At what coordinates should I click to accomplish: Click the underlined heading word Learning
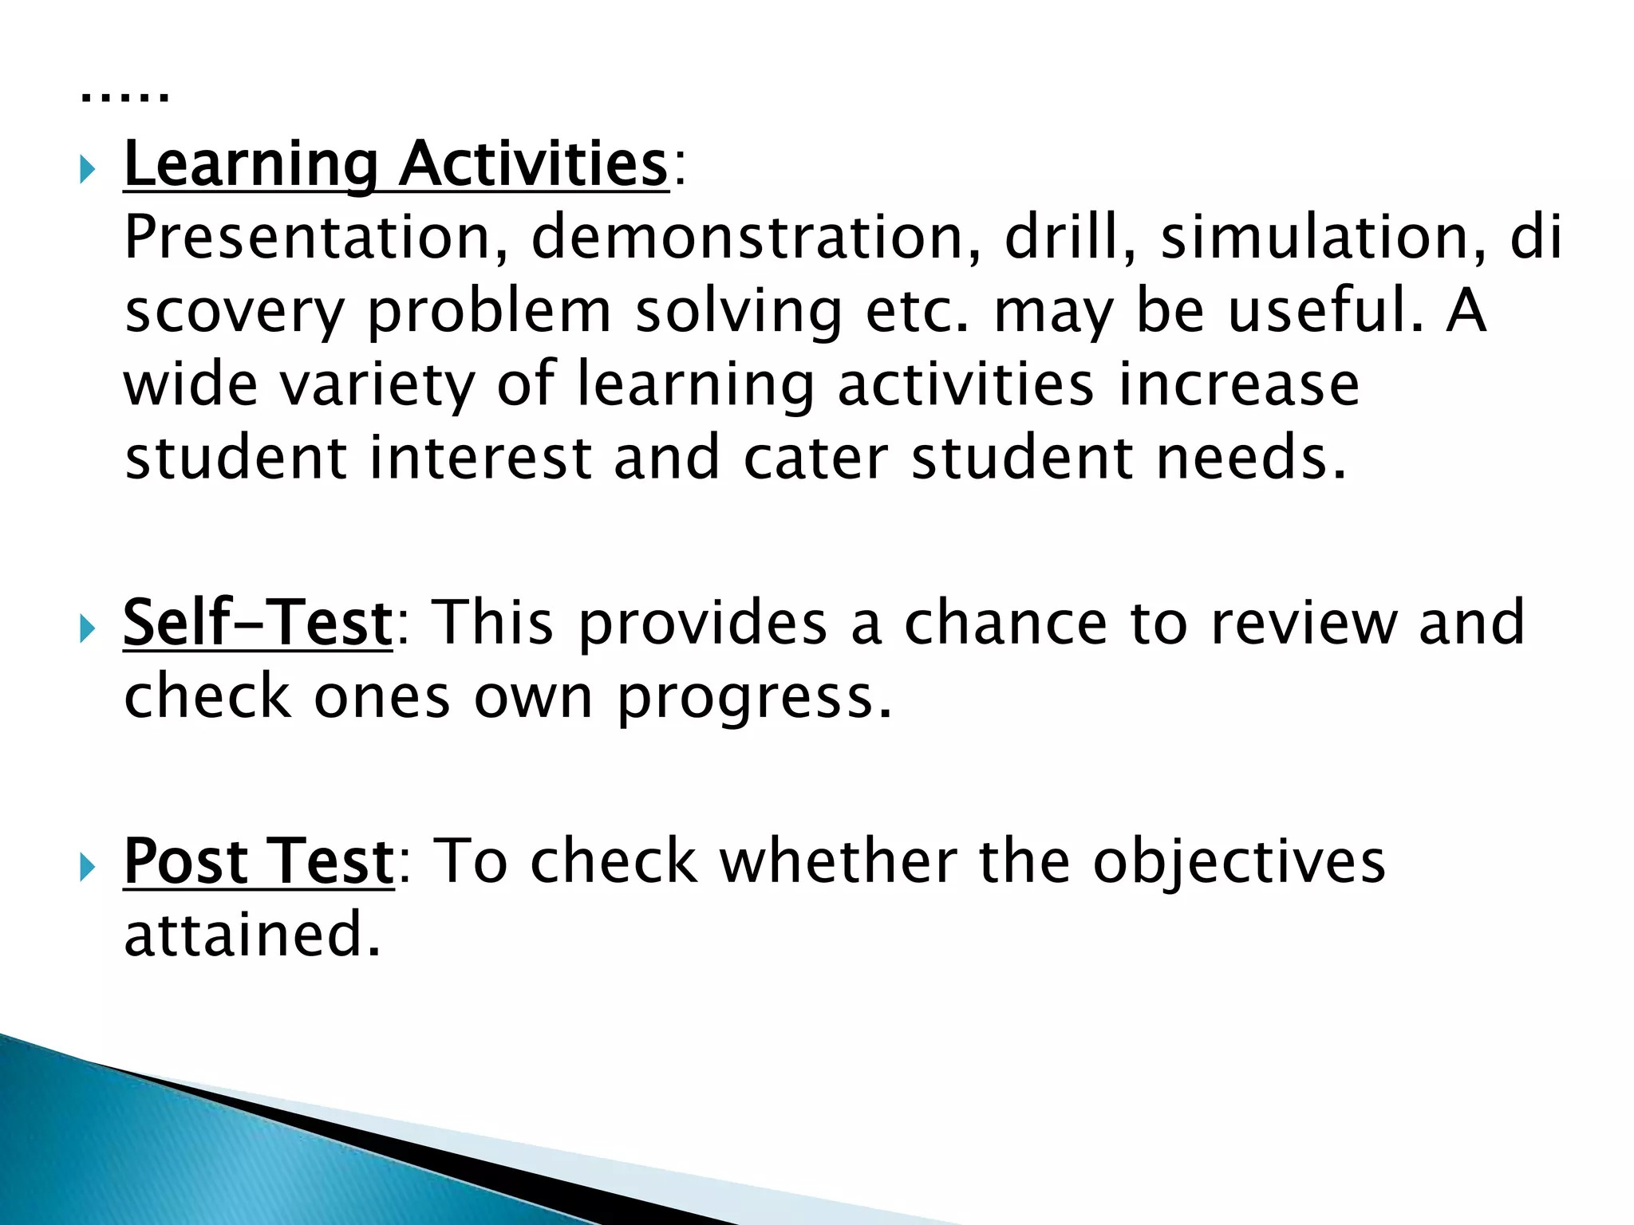(x=250, y=164)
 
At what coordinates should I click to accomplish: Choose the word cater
(x=815, y=459)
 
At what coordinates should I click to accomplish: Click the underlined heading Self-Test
(x=258, y=623)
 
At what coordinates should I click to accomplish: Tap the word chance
(x=1005, y=623)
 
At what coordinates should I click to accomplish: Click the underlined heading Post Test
(x=259, y=862)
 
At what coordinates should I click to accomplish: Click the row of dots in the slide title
(x=125, y=98)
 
